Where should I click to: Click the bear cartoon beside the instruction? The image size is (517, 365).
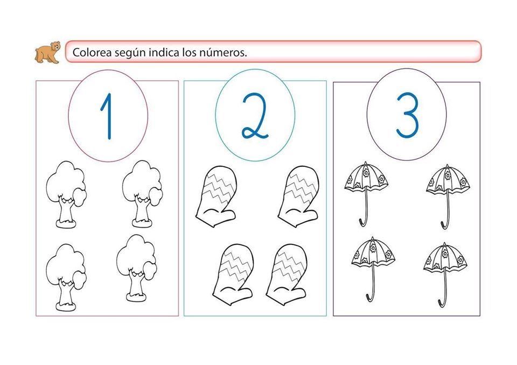[47, 52]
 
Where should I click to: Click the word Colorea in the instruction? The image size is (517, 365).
[92, 52]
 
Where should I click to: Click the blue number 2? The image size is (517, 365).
[254, 115]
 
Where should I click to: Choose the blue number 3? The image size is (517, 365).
[407, 115]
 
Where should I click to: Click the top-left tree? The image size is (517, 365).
[66, 194]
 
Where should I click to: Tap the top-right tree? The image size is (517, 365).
[142, 194]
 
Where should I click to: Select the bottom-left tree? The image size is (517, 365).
[66, 277]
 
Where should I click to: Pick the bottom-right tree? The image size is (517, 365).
[136, 268]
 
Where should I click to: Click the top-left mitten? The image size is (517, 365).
[216, 196]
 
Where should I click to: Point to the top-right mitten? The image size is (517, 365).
[299, 196]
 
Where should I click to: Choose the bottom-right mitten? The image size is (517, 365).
[287, 275]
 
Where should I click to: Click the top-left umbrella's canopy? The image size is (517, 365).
[366, 178]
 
